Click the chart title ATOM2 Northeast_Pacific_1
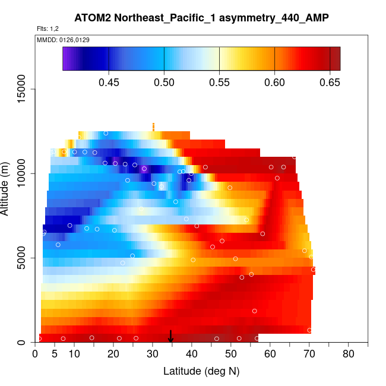click(x=201, y=18)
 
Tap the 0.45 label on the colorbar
click(x=109, y=83)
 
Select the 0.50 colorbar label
click(x=164, y=83)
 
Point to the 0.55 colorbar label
click(x=219, y=83)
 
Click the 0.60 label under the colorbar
click(x=274, y=83)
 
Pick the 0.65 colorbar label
click(x=330, y=83)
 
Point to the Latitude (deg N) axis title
click(x=201, y=371)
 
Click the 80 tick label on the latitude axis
click(x=349, y=355)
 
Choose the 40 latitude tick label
click(x=192, y=355)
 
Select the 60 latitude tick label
click(x=270, y=355)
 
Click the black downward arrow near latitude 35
click(x=171, y=337)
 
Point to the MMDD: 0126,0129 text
click(x=59, y=39)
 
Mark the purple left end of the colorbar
click(x=66, y=59)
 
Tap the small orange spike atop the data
click(x=153, y=126)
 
